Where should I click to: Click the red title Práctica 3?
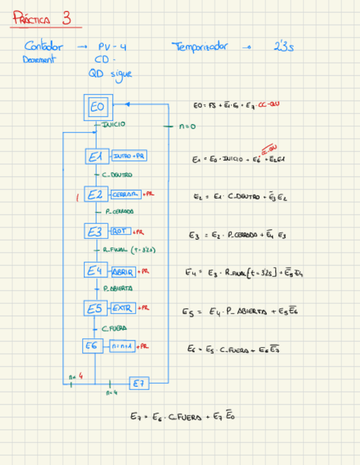[x=42, y=20]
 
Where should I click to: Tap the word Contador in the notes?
[x=44, y=47]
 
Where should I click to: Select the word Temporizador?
[x=200, y=47]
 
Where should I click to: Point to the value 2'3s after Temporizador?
[x=284, y=48]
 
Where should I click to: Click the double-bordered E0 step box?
[x=98, y=107]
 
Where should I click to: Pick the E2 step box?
[x=95, y=195]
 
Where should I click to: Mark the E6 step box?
[x=92, y=346]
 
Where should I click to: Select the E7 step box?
[x=139, y=384]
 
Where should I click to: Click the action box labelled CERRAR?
[x=125, y=195]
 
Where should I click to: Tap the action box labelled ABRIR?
[x=123, y=271]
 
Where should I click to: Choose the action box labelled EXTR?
[x=122, y=309]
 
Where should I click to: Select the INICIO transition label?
[x=113, y=124]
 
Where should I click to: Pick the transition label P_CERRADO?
[x=118, y=211]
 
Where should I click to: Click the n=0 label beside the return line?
[x=187, y=127]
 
